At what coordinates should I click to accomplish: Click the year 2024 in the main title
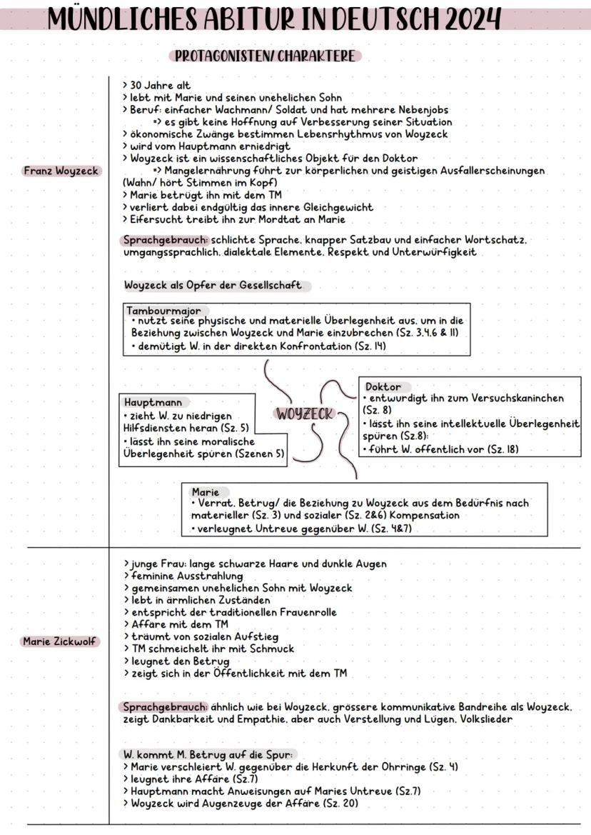(471, 19)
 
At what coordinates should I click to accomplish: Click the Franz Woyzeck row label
(61, 171)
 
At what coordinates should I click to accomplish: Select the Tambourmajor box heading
(163, 311)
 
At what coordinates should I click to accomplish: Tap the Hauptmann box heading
(153, 402)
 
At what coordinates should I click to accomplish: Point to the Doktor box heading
(383, 386)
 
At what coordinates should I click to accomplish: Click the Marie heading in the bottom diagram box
(206, 492)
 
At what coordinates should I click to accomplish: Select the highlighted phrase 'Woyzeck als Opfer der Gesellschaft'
(213, 285)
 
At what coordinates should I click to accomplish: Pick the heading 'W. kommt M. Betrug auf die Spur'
(207, 754)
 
